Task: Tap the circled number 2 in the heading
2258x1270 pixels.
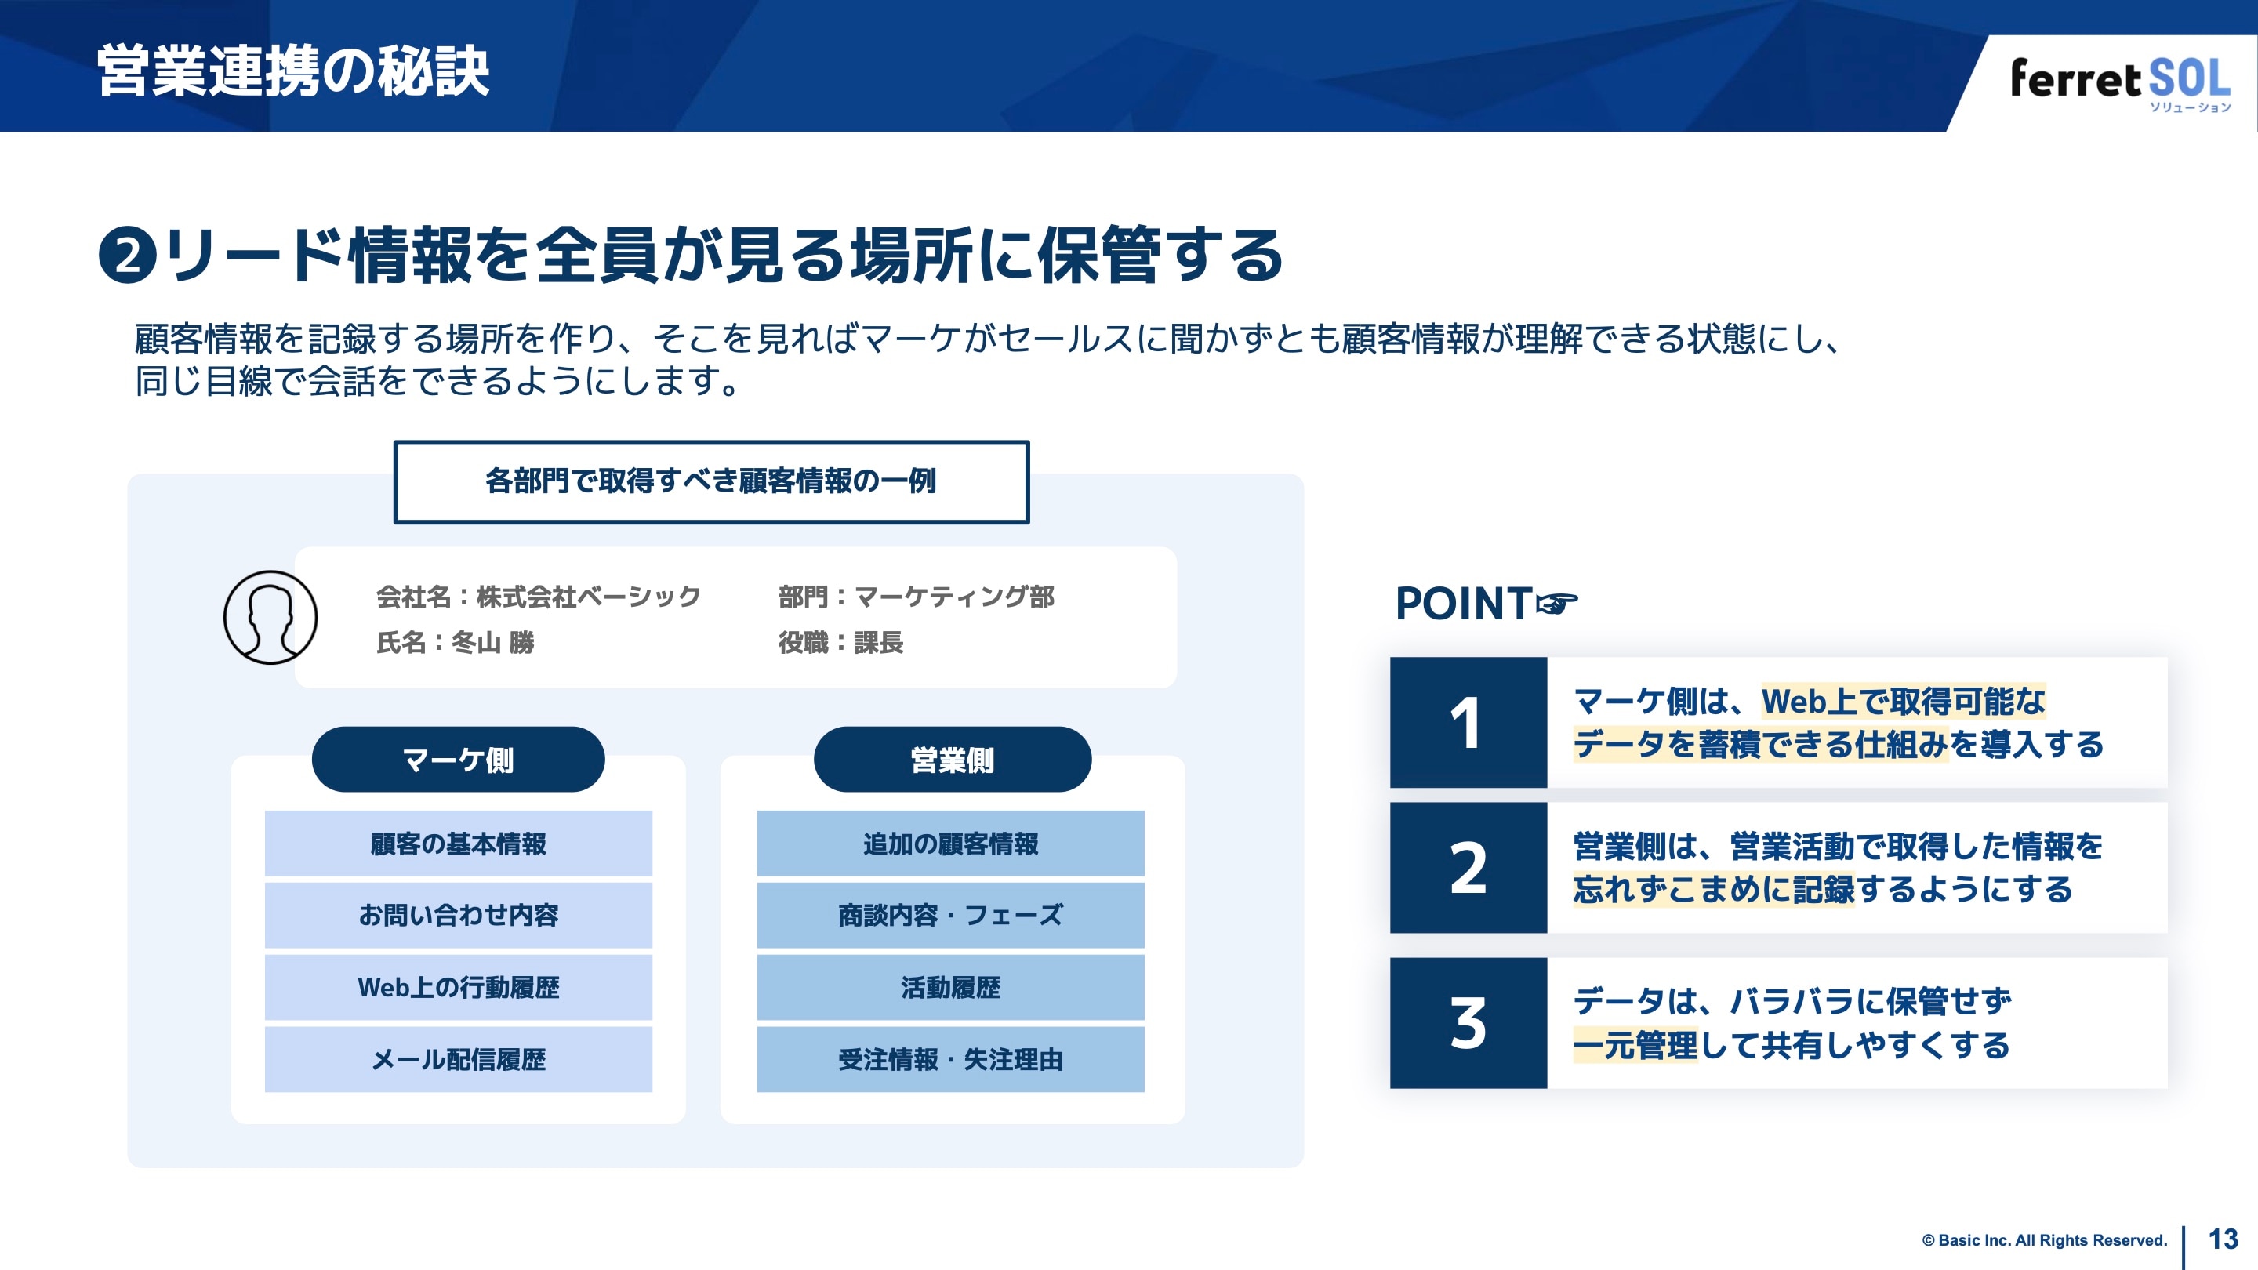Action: [x=128, y=256]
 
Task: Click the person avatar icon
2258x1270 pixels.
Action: [x=270, y=617]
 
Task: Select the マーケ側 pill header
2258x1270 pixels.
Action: [x=458, y=759]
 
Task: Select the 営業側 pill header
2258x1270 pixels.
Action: [x=952, y=759]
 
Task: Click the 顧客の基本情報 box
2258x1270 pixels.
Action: [x=458, y=844]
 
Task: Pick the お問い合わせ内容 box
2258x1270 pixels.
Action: [x=458, y=915]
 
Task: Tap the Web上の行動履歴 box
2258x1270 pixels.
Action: [x=458, y=987]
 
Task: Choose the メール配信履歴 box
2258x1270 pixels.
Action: [x=458, y=1059]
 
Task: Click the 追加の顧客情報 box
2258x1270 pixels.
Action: [x=950, y=844]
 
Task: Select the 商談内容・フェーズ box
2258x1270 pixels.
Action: [x=950, y=915]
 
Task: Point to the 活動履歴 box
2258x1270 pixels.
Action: [x=950, y=987]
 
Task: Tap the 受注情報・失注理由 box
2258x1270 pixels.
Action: [x=950, y=1059]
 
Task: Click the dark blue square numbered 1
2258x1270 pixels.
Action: [x=1468, y=722]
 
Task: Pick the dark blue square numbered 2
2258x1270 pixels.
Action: [x=1468, y=868]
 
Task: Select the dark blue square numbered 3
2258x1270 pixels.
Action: [x=1468, y=1023]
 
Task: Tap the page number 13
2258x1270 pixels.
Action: [x=2223, y=1239]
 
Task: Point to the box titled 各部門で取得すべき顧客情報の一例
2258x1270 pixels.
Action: [x=711, y=481]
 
